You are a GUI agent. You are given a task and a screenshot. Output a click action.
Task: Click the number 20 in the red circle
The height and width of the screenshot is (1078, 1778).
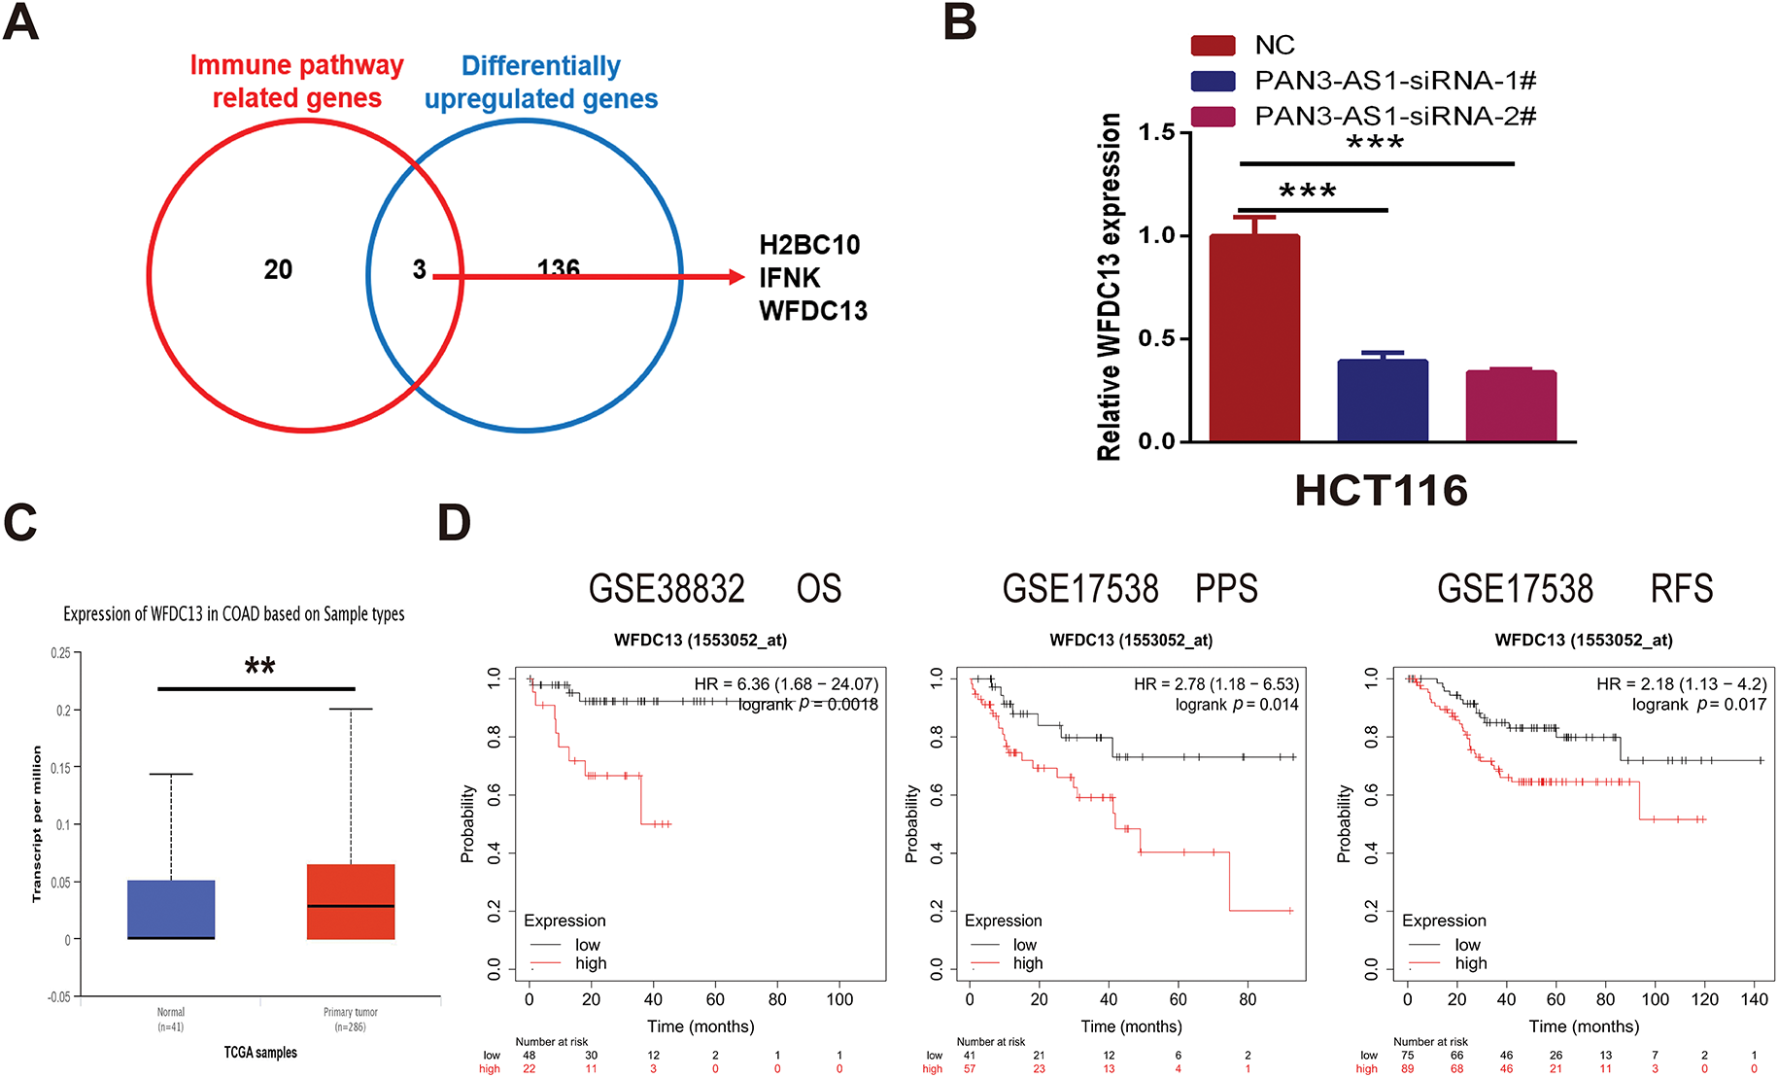(x=278, y=269)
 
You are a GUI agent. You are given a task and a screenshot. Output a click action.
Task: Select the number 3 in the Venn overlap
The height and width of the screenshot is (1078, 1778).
(x=419, y=269)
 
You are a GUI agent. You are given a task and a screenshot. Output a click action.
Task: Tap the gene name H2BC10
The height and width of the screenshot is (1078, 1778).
(x=809, y=245)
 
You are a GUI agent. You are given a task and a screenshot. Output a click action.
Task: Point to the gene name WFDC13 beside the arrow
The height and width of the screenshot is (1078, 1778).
(x=812, y=311)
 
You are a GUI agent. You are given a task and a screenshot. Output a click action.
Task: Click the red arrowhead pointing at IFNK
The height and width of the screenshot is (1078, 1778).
(x=736, y=277)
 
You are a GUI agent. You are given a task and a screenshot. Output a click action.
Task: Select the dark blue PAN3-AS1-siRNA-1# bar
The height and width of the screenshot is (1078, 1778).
(x=1383, y=400)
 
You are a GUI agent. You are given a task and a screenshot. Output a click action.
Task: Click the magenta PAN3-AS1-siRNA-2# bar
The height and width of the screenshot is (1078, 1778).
(x=1511, y=406)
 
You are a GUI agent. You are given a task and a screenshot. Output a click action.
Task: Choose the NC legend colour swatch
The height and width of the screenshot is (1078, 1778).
(x=1213, y=46)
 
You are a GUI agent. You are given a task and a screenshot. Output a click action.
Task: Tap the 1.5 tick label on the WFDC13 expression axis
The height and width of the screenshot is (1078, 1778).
(x=1156, y=132)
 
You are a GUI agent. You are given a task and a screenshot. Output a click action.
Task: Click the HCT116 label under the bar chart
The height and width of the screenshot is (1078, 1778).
(x=1381, y=491)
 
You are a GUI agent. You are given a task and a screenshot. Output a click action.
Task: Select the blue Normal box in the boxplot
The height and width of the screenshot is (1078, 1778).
(x=171, y=910)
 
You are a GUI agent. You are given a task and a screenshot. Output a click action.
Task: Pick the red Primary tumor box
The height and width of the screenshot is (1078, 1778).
(x=351, y=902)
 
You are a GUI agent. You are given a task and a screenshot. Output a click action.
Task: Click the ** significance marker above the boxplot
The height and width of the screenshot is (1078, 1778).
(x=259, y=667)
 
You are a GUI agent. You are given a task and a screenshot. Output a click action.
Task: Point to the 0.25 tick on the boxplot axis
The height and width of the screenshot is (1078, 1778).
(x=60, y=653)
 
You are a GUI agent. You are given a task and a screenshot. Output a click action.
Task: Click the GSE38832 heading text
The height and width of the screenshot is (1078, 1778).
(x=667, y=589)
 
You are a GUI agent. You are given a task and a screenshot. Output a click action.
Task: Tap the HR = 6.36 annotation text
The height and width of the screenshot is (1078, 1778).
(x=785, y=684)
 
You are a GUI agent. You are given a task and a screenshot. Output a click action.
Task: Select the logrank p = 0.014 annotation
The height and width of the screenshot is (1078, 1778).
(x=1236, y=705)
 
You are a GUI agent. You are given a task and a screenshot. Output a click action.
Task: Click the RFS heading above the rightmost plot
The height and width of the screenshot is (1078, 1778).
(x=1682, y=589)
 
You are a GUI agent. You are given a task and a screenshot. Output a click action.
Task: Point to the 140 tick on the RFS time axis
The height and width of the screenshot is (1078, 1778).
(x=1755, y=999)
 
